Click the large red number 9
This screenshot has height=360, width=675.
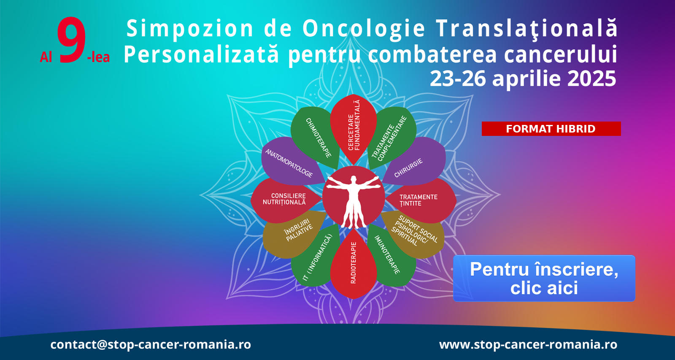pos(71,40)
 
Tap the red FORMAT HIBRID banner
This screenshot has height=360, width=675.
pos(551,129)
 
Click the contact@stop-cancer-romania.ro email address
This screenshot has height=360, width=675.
pos(151,344)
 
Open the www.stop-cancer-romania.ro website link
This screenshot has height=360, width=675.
pos(528,344)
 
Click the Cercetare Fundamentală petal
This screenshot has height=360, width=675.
pos(354,128)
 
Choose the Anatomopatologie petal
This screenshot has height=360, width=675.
pos(291,161)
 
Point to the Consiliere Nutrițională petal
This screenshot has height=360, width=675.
pos(285,200)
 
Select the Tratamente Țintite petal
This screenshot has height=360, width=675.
pos(422,200)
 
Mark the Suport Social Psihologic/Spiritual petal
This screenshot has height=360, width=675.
pos(414,234)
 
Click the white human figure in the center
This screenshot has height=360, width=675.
pos(354,200)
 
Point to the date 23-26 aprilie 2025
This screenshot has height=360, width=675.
pos(523,78)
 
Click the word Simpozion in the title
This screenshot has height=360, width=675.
pos(190,29)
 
